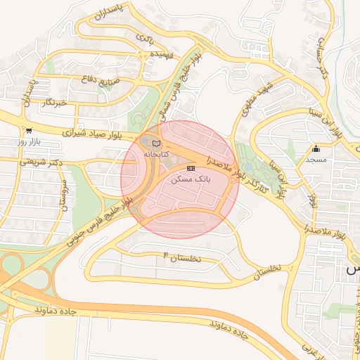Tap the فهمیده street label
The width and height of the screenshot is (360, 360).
tap(156, 54)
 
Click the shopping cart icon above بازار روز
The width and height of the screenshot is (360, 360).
tap(29, 131)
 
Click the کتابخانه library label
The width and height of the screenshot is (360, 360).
tap(157, 153)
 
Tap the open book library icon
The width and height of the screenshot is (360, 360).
tap(157, 143)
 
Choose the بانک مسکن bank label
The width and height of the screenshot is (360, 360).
tap(191, 179)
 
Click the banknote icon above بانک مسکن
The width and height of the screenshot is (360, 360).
tap(191, 168)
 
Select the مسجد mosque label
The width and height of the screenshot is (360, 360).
tap(316, 160)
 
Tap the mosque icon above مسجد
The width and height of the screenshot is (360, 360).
tap(316, 148)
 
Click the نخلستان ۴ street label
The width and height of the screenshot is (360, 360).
tap(182, 257)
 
